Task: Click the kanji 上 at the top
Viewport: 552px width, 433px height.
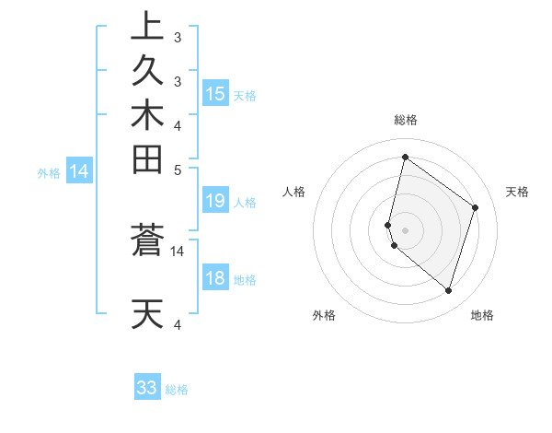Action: tap(147, 25)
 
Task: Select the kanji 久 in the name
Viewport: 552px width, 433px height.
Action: tap(147, 70)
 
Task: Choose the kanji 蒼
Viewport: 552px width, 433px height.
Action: tap(147, 241)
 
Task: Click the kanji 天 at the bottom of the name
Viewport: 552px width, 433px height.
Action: tap(147, 314)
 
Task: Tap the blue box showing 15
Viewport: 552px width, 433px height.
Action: tap(215, 94)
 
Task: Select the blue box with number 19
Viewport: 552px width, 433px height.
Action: tap(215, 202)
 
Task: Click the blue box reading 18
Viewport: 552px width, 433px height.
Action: tap(215, 279)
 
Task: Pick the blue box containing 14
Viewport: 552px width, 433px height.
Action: tap(79, 170)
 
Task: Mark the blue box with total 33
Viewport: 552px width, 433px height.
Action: tap(147, 388)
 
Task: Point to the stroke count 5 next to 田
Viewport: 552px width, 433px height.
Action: tap(178, 170)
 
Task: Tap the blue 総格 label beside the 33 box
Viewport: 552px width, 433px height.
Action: tap(177, 390)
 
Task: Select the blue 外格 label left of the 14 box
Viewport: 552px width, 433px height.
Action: tap(49, 172)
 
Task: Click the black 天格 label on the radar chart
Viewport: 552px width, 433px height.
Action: tap(517, 192)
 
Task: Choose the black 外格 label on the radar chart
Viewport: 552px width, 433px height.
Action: tap(324, 315)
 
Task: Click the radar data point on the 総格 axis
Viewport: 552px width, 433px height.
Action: tap(405, 157)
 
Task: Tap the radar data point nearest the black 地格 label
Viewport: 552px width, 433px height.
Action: tap(448, 290)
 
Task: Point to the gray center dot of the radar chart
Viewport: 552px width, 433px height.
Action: tap(405, 229)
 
